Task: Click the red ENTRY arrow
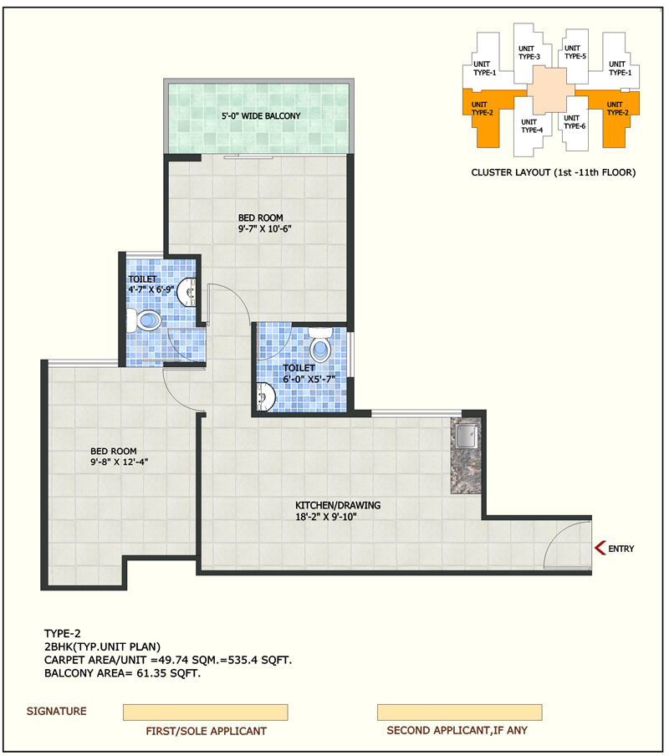600,549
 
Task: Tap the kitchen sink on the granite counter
466,437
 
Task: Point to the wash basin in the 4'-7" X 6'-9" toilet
187,292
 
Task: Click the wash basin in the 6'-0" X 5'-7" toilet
266,396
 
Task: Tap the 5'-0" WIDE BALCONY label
261,116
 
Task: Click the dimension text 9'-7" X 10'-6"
264,229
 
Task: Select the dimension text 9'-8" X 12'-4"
119,462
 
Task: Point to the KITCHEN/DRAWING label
338,505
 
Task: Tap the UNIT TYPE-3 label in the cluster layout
529,53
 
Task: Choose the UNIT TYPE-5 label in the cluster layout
575,52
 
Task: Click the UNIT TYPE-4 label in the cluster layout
532,125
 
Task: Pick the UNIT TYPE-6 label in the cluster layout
575,122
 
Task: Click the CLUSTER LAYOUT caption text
554,172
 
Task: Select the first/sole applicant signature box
206,713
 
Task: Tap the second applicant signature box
459,713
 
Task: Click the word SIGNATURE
56,711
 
